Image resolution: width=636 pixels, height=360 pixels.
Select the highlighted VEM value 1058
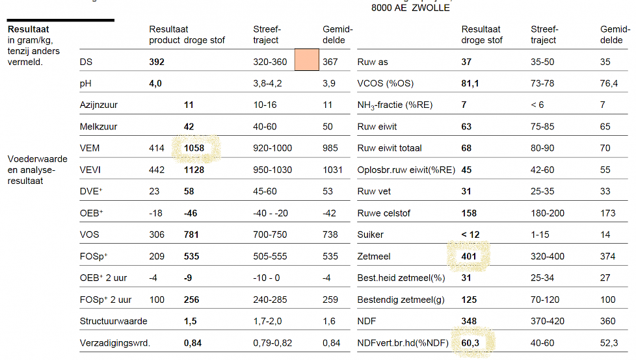[194, 148]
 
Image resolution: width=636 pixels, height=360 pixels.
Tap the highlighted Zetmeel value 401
[469, 256]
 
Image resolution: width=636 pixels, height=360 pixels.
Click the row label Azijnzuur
[99, 105]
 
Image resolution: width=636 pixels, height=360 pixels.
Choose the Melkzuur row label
[98, 127]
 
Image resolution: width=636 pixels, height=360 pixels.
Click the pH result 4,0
[155, 83]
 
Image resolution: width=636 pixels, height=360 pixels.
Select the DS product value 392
[157, 62]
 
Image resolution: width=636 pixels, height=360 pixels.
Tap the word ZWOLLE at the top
[431, 8]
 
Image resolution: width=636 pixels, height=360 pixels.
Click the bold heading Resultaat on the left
[28, 29]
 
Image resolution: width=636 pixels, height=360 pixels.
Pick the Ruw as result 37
[466, 62]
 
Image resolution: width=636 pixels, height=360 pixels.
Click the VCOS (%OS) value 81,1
[471, 83]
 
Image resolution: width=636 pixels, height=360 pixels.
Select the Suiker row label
[371, 235]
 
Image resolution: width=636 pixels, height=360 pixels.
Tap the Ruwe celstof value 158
[469, 213]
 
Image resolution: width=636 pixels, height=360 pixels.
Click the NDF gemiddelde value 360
[607, 321]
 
